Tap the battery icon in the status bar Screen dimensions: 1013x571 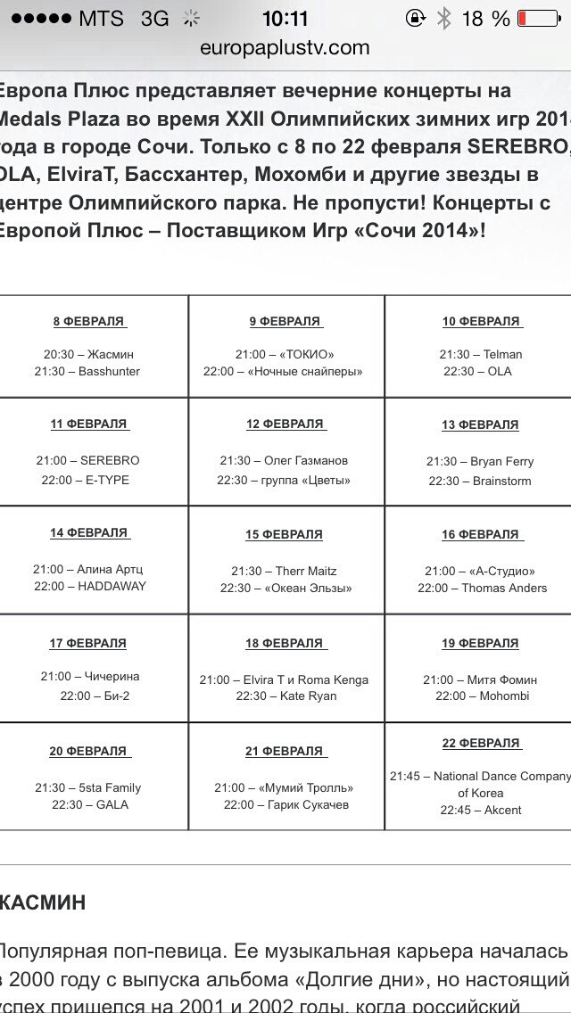(538, 19)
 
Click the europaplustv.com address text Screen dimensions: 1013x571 (285, 48)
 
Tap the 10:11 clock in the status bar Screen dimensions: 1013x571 (285, 19)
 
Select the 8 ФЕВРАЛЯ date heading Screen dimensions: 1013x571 (89, 321)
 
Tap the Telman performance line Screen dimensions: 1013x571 (480, 354)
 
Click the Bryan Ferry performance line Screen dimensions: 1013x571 (480, 462)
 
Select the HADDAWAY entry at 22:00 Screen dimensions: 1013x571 (90, 586)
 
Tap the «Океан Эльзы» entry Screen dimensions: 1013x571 (285, 588)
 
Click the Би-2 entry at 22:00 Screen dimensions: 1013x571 (95, 696)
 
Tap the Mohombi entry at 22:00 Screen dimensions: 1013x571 (482, 696)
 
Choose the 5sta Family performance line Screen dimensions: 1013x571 (87, 787)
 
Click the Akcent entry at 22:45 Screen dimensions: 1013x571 (480, 810)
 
